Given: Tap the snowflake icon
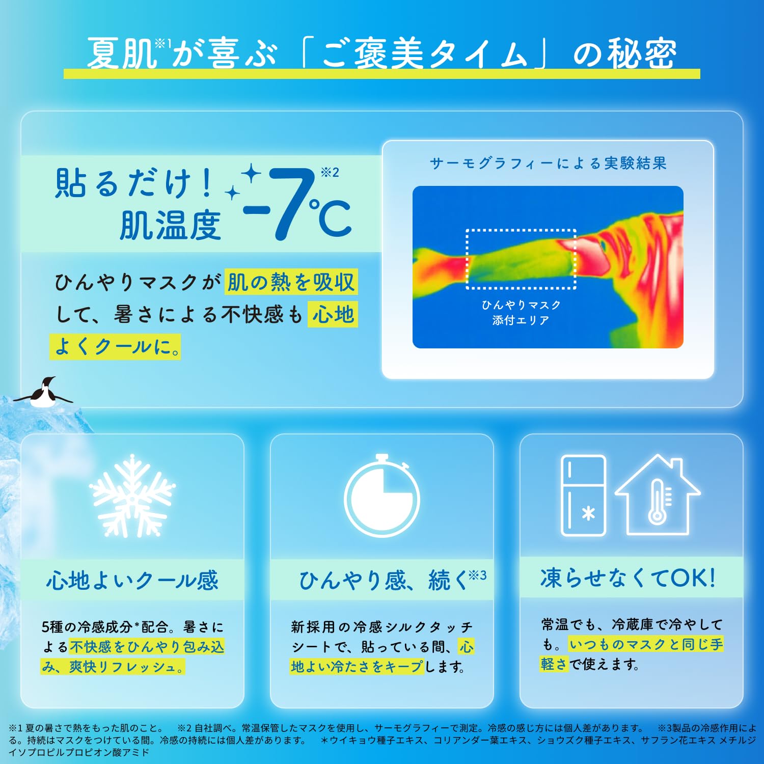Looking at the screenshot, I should click(x=132, y=496).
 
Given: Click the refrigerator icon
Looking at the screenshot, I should click(x=583, y=495).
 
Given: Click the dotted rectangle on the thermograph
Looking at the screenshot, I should click(x=521, y=259).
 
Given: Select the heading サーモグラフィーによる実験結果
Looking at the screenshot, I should click(x=548, y=163).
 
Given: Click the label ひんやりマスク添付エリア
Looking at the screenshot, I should click(x=521, y=312).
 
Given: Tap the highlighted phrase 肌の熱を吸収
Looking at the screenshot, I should click(x=291, y=282).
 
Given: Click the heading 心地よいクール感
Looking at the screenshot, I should click(x=132, y=580).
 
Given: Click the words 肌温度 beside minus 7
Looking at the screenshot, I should click(x=171, y=226).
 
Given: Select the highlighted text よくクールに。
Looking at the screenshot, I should click(x=116, y=347).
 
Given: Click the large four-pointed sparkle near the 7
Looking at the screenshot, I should click(x=251, y=174).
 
